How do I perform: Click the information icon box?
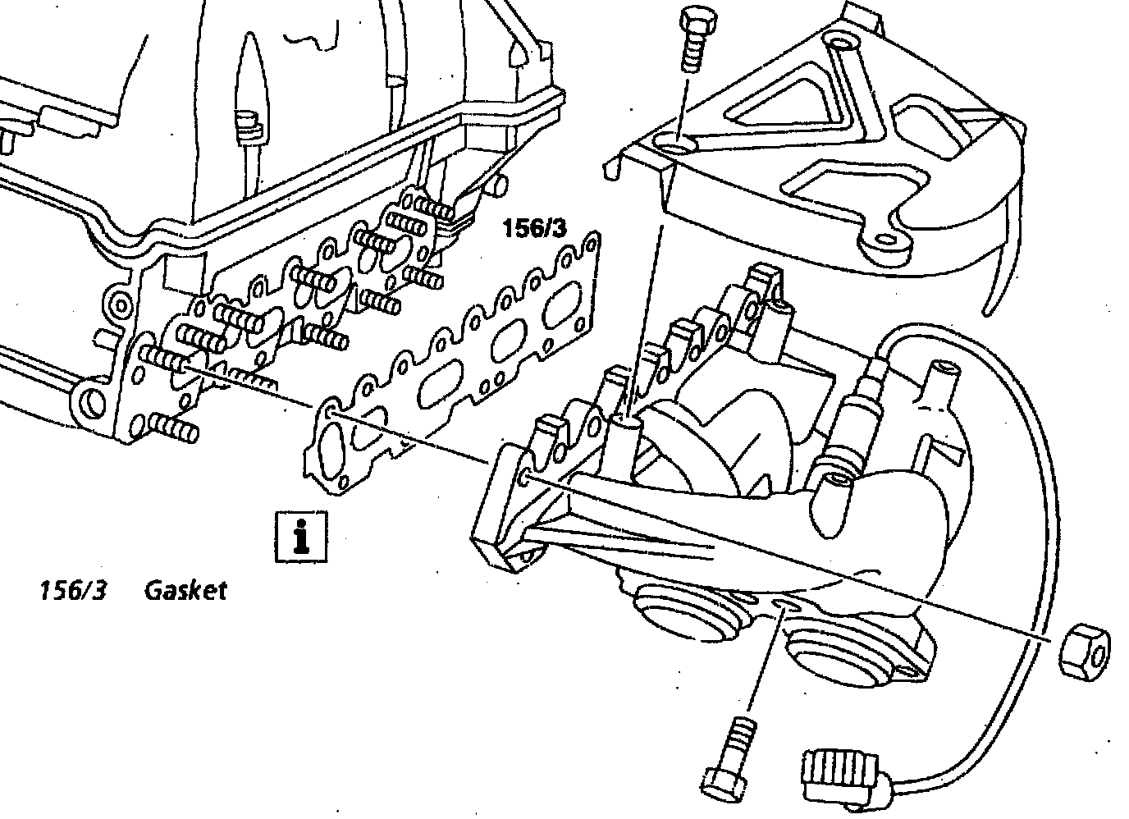pos(301,538)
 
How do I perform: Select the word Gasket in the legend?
pos(185,590)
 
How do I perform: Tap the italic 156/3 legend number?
pos(74,590)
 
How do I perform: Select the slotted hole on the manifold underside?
pos(783,606)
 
